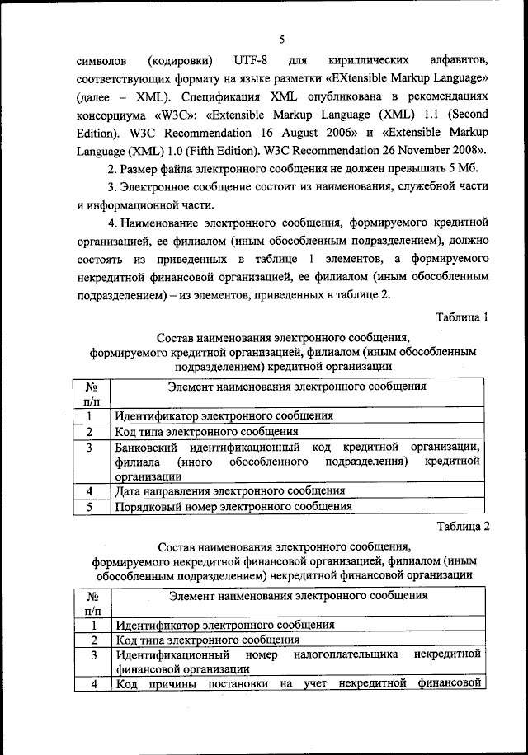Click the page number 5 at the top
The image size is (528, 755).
pyautogui.click(x=281, y=39)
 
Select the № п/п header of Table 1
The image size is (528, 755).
pyautogui.click(x=92, y=392)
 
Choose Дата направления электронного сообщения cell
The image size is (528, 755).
pyautogui.click(x=229, y=490)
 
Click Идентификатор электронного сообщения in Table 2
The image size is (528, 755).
pyautogui.click(x=224, y=625)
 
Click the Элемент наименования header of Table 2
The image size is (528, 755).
pyautogui.click(x=297, y=594)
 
